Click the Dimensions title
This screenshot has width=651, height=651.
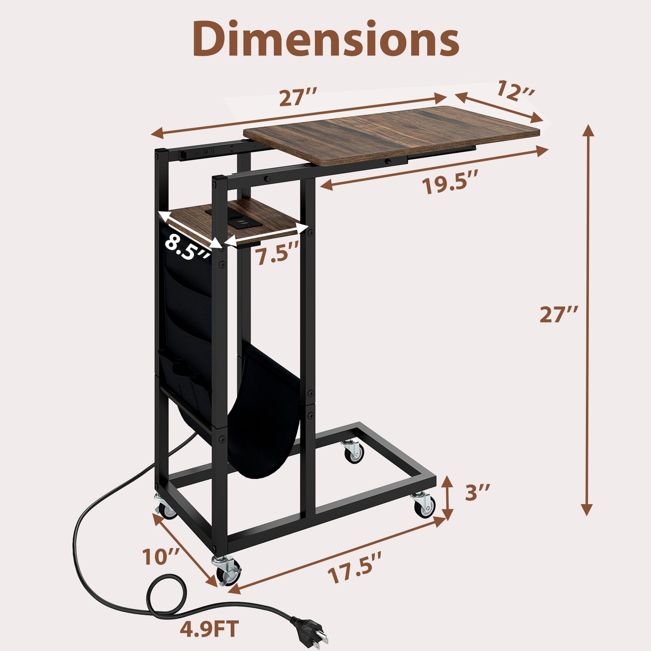tap(325, 40)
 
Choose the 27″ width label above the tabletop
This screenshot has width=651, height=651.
tap(298, 98)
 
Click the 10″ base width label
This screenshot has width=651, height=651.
tap(161, 557)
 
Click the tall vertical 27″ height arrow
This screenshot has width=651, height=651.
tap(587, 320)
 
